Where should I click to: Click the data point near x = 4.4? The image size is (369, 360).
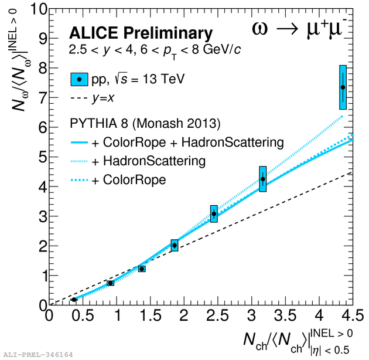point(343,87)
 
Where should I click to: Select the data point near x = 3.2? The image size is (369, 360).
point(263,179)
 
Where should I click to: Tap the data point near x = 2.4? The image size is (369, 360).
point(214,214)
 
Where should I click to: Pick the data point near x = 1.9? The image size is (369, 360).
point(175,246)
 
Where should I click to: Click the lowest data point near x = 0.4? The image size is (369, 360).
point(74,300)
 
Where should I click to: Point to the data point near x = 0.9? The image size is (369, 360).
point(110,283)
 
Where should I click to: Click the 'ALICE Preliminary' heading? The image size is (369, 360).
point(141,33)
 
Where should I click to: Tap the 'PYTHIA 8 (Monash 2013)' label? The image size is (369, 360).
point(144,124)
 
